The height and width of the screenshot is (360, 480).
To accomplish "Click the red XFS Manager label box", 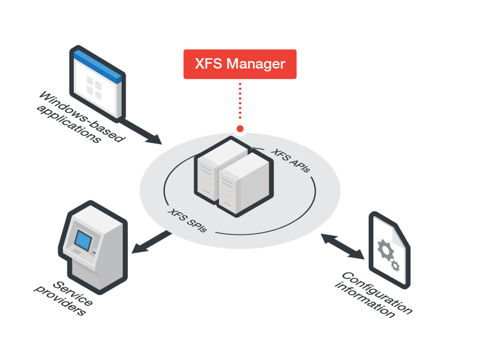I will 240,64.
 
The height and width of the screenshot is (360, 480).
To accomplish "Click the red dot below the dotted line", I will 240,128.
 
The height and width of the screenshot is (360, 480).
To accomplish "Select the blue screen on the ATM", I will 84,239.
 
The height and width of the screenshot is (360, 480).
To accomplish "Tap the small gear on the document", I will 395,266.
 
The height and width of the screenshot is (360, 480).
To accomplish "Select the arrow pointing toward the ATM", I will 152,242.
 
